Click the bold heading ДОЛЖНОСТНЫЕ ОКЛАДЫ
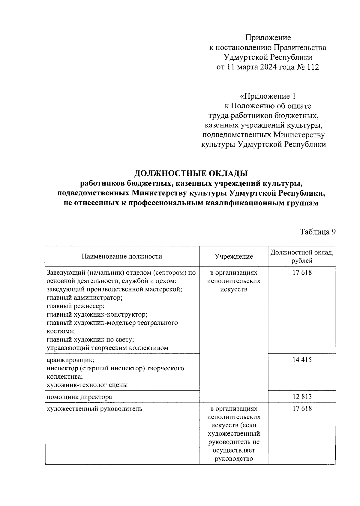point(191,173)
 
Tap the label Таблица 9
point(317,232)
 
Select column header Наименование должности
point(122,256)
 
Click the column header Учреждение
point(234,256)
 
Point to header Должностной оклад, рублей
point(302,256)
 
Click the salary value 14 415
point(302,360)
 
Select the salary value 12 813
point(302,397)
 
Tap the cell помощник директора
point(79,397)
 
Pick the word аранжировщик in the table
point(71,360)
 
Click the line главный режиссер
point(76,306)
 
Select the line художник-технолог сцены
point(87,385)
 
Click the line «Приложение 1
point(268,96)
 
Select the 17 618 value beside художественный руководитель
point(302,408)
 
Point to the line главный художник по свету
point(90,339)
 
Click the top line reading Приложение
point(268,38)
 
